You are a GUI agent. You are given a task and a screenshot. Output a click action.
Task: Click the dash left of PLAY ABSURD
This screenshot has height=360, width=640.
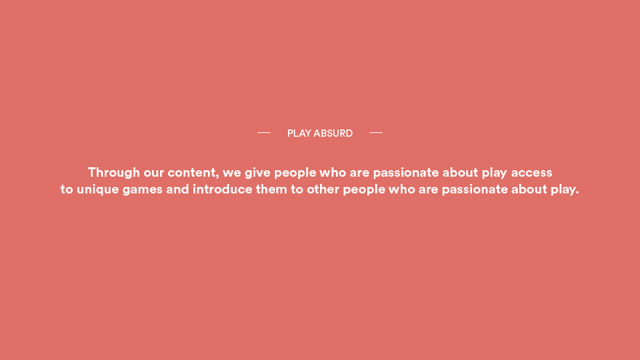264,132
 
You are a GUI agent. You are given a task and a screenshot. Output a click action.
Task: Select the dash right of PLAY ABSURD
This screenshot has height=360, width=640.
376,132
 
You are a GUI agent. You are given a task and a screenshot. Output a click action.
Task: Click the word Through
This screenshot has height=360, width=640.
114,172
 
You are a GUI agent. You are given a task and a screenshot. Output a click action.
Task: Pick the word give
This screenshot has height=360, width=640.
257,173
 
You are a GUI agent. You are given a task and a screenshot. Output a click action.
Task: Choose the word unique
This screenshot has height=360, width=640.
97,190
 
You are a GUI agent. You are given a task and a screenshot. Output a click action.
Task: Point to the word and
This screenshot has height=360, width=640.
177,189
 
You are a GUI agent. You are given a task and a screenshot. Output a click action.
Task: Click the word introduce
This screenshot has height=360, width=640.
223,189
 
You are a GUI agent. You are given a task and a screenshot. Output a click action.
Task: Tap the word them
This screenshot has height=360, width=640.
271,189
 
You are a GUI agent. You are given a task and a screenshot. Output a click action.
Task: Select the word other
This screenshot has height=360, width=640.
323,189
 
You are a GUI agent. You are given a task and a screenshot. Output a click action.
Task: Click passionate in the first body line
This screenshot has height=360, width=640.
406,173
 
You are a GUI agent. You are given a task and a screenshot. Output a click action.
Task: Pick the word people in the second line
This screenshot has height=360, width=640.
364,190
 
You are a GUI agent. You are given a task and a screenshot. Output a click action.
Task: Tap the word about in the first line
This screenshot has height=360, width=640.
460,172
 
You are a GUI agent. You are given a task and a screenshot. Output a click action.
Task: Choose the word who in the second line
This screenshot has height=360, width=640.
401,189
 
